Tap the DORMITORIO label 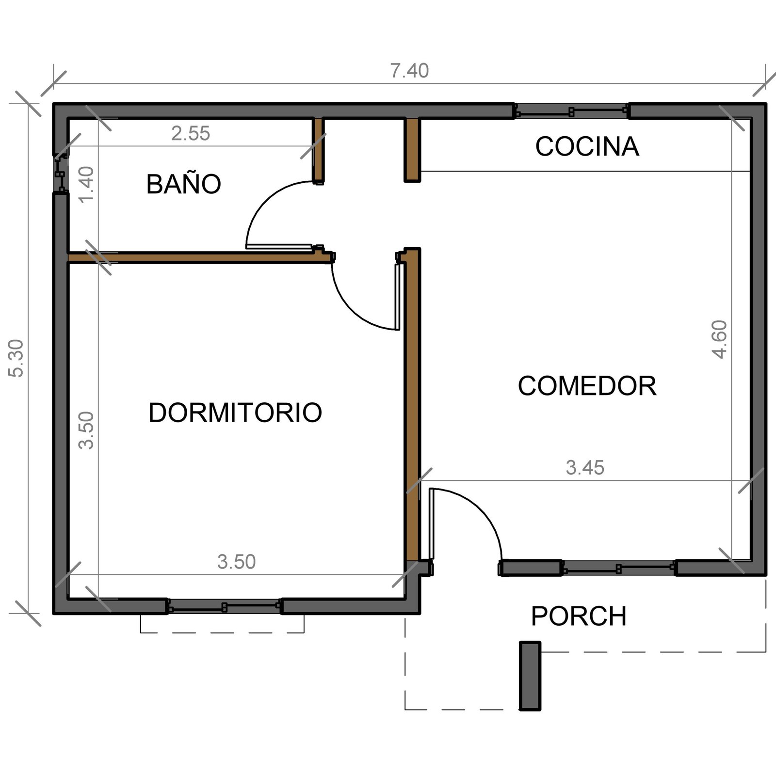235,412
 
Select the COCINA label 587,146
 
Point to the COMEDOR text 587,386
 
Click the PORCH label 579,616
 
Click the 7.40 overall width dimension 410,71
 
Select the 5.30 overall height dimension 17,358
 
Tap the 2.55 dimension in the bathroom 191,134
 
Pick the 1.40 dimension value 87,185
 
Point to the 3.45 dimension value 585,468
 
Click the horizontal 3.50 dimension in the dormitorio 236,562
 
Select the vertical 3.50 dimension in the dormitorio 87,430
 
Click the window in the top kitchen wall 571,112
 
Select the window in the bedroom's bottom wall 224,607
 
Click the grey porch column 530,676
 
